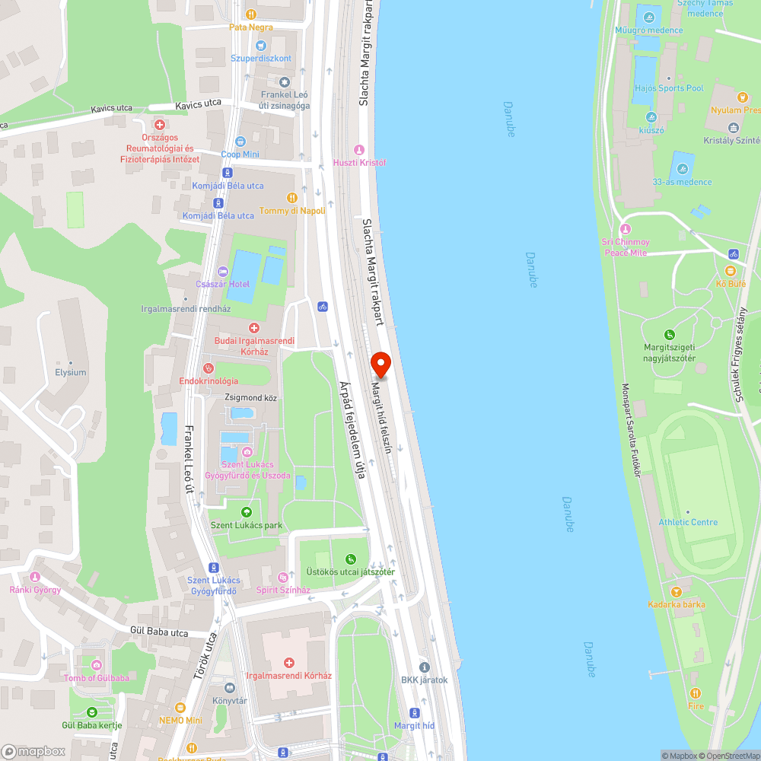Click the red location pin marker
click(380, 364)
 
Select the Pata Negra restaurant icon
click(251, 14)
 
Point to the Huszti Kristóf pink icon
click(360, 149)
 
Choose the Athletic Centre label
click(688, 522)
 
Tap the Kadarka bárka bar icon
click(676, 591)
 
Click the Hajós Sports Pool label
click(668, 88)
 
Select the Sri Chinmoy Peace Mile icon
click(626, 228)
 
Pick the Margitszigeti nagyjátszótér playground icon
click(670, 335)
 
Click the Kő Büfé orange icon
click(731, 270)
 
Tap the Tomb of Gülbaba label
click(96, 678)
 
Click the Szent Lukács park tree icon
click(246, 512)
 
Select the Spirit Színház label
click(284, 590)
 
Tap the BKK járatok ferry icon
click(425, 667)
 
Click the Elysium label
click(71, 373)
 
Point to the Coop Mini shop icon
click(240, 142)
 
